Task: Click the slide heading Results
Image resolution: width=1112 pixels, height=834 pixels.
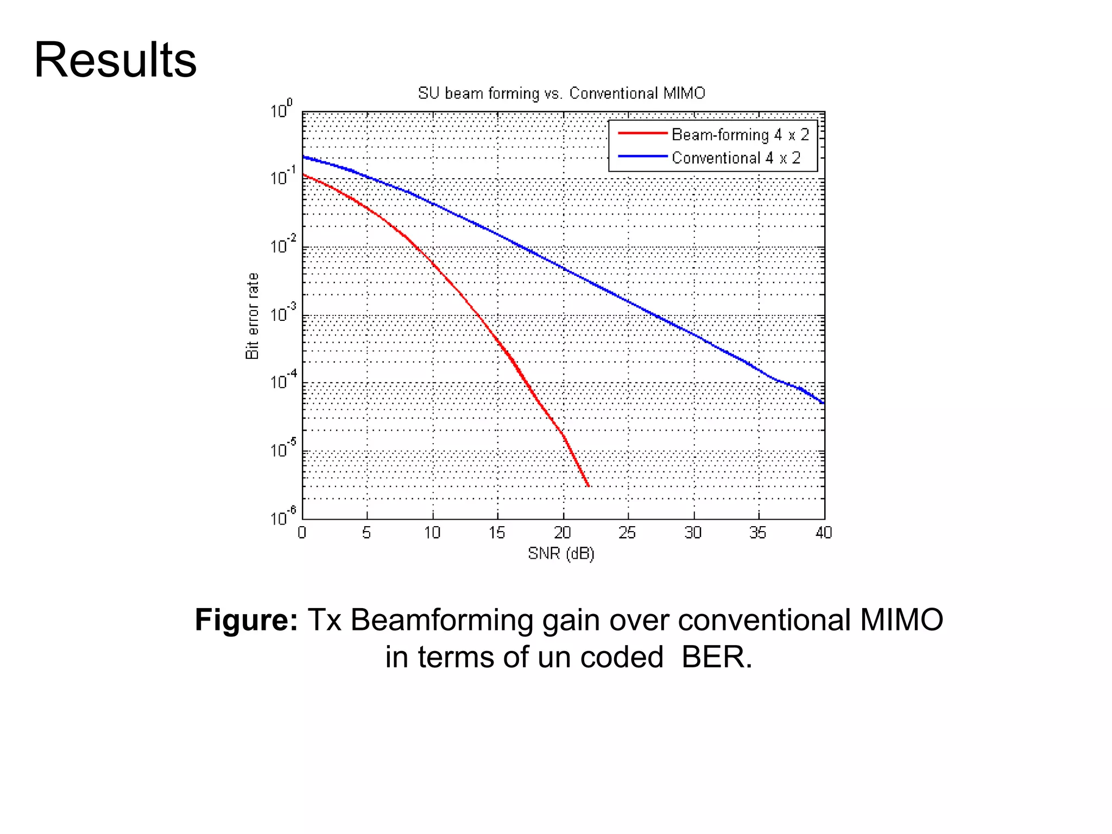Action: [x=115, y=60]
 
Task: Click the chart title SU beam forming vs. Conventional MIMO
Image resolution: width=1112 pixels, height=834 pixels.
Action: [x=561, y=93]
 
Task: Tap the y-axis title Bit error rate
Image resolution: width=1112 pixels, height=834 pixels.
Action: [x=252, y=316]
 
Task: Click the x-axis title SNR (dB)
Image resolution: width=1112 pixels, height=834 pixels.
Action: [x=561, y=554]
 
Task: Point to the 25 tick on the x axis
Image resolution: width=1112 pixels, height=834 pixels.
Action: [x=627, y=533]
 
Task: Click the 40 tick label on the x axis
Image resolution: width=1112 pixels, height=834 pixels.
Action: [x=823, y=533]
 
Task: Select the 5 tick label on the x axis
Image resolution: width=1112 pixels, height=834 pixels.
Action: [x=367, y=533]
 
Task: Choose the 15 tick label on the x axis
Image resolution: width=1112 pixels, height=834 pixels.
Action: [x=496, y=533]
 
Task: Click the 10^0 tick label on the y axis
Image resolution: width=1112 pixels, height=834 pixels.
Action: [x=281, y=109]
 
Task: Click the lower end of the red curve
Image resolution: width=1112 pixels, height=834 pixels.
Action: [x=589, y=486]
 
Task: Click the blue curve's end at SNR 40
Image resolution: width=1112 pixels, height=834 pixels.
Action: [x=823, y=403]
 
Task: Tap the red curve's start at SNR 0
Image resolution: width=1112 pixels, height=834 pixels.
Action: [x=304, y=175]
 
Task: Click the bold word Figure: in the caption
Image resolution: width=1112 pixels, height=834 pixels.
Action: [x=247, y=620]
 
